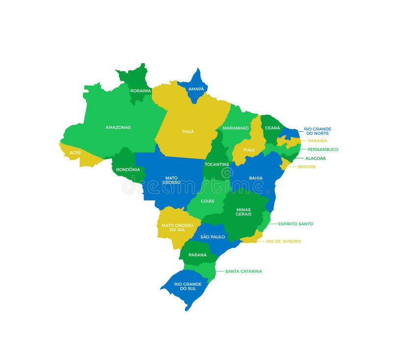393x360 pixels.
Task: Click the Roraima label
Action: [x=140, y=90]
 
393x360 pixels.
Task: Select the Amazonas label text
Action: [x=118, y=127]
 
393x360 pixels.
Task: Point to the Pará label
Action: [x=188, y=131]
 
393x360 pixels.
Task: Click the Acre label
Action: [x=75, y=152]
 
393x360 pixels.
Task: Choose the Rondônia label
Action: [x=128, y=170]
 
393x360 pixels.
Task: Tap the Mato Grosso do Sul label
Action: [x=177, y=228]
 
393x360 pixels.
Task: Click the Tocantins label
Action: [x=217, y=164]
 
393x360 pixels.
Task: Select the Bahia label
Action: [x=255, y=178]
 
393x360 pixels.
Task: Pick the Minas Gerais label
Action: [x=244, y=211]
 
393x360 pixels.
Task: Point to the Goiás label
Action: [x=207, y=201]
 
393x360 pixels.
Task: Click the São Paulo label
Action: [x=213, y=237]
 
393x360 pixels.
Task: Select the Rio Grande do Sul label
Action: [x=188, y=286]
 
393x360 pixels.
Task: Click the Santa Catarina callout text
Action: [x=244, y=271]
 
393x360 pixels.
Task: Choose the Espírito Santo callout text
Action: [x=295, y=224]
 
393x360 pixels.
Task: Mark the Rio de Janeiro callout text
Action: [x=283, y=241]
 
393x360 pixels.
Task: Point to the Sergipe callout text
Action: [x=307, y=167]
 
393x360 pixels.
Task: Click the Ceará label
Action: [x=273, y=128]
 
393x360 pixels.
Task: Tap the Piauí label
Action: [x=249, y=150]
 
